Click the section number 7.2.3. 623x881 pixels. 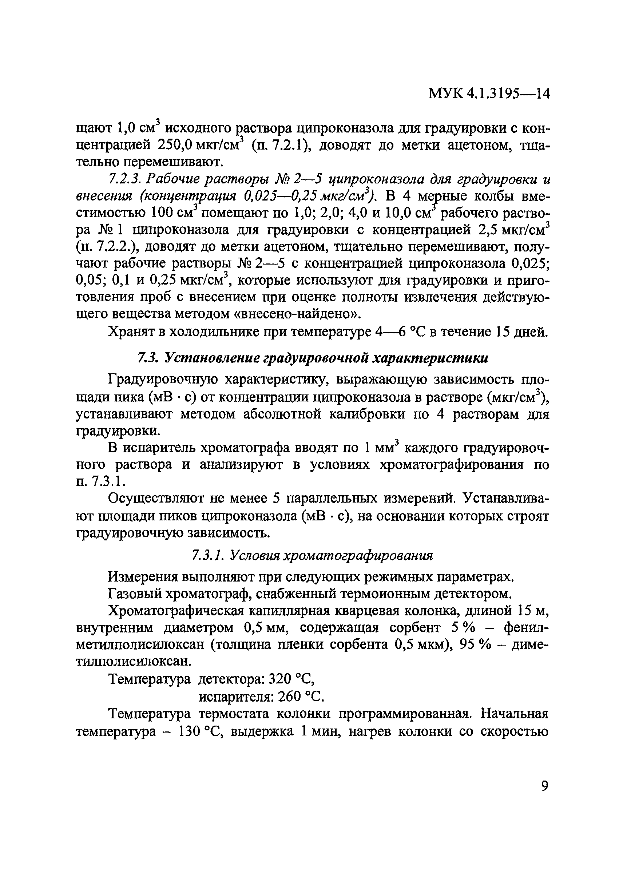click(x=122, y=179)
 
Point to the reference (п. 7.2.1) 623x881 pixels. click(x=281, y=146)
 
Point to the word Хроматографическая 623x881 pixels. click(x=176, y=611)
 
